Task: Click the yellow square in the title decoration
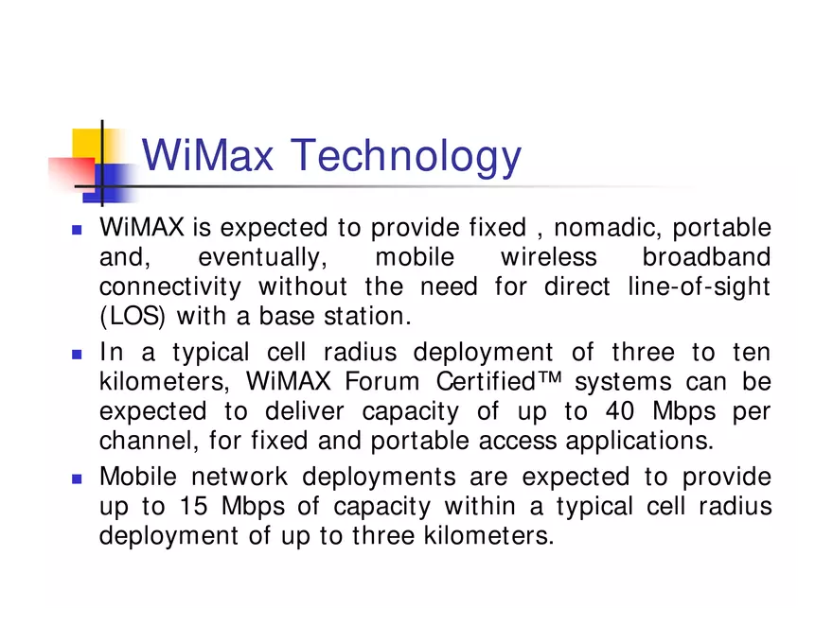87,142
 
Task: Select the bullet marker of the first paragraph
77,230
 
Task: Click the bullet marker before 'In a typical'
77,355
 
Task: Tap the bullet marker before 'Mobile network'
77,478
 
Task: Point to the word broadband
706,257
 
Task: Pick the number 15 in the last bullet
193,506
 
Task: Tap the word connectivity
170,287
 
